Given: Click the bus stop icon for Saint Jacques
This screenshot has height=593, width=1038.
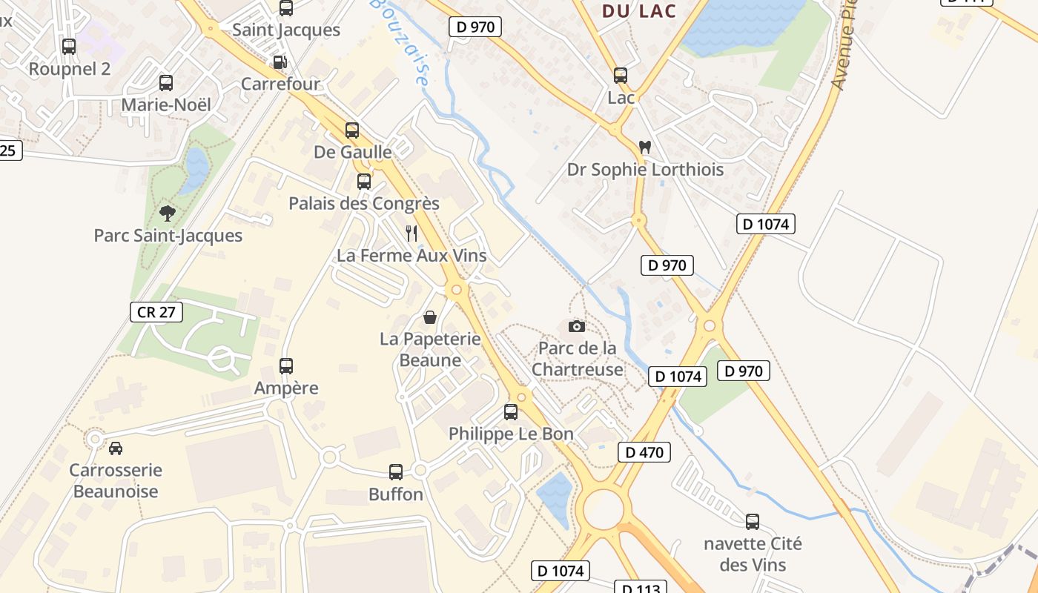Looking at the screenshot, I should tap(286, 8).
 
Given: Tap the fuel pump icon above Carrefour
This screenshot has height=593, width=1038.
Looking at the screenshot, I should tap(280, 62).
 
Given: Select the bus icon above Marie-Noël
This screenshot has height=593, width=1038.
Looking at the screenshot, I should tap(166, 83).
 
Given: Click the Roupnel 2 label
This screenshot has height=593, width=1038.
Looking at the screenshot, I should tap(69, 69).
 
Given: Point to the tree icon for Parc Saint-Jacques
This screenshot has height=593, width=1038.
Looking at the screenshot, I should tap(168, 213).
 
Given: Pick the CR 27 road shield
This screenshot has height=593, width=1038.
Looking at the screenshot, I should tap(156, 312).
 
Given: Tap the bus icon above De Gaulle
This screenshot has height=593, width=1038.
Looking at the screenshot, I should tap(352, 130).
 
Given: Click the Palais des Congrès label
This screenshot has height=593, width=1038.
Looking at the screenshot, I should tap(364, 204).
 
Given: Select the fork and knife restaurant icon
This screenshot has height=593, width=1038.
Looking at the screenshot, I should tap(411, 233).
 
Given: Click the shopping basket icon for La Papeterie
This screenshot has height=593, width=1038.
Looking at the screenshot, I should tap(429, 318).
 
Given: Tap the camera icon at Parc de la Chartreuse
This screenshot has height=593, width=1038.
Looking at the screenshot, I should tap(576, 326).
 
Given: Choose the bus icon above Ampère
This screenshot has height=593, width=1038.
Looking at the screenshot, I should tap(286, 365).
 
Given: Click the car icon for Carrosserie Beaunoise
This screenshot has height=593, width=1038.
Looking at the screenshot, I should tap(116, 448).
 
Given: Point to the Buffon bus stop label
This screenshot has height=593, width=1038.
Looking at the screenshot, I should tap(396, 494).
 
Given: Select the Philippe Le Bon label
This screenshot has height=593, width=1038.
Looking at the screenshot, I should tap(511, 434).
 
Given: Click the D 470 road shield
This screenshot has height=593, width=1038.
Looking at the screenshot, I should tap(644, 452).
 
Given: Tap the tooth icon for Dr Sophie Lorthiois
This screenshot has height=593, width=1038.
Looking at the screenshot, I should tap(644, 148).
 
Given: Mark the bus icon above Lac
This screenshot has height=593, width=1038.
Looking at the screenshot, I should tap(621, 76).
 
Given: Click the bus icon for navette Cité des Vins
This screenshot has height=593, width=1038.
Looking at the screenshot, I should tap(753, 522).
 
